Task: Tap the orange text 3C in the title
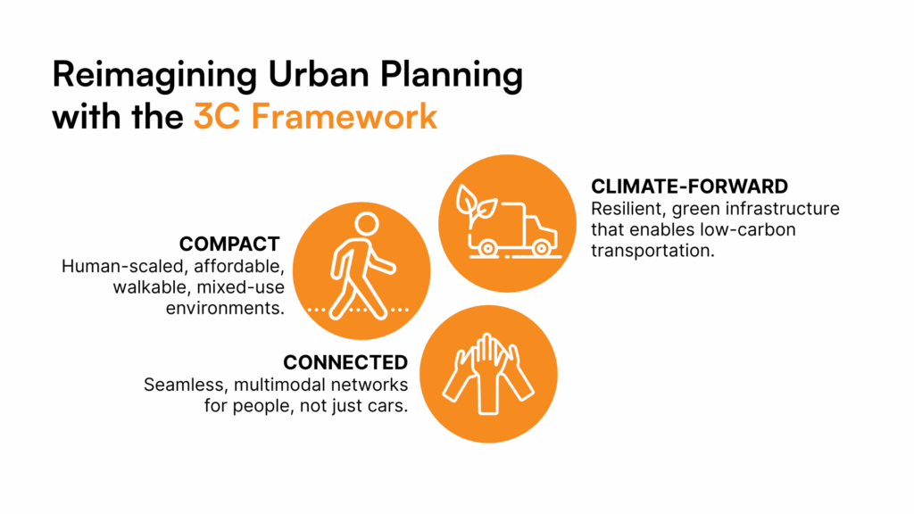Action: pos(216,116)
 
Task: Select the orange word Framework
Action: pos(345,116)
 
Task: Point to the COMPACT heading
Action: pos(229,244)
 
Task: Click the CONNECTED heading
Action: pos(345,362)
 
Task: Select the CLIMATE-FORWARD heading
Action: pos(689,187)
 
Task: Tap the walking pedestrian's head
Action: pos(367,224)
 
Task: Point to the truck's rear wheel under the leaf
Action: pos(487,249)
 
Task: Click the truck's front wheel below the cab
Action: pos(541,249)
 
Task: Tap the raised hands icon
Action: pos(488,374)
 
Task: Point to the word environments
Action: pos(225,308)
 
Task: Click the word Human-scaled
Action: pos(125,266)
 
